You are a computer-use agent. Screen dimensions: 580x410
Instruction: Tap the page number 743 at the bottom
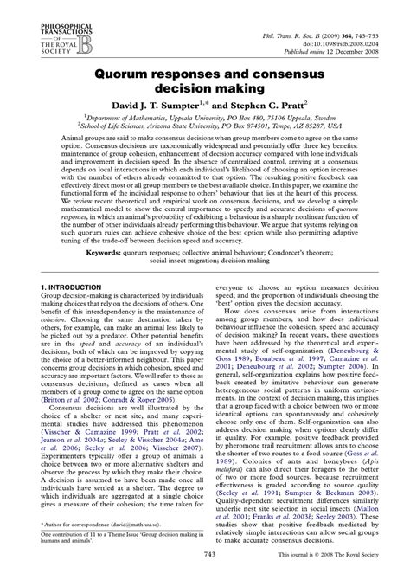tap(206, 571)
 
